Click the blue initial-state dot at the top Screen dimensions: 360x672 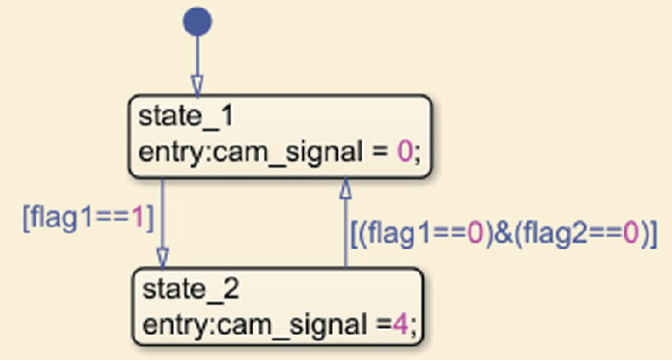pyautogui.click(x=197, y=22)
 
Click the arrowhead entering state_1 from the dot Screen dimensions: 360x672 pyautogui.click(x=197, y=85)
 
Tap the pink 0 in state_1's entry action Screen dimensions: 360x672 pyautogui.click(x=403, y=152)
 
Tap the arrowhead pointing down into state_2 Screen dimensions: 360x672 pyautogui.click(x=163, y=257)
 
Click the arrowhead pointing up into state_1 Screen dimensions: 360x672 pyautogui.click(x=344, y=186)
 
